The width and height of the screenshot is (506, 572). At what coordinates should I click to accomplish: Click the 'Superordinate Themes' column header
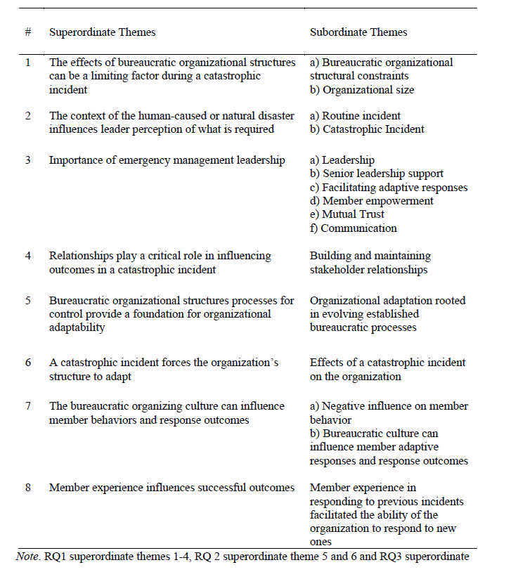tap(102, 32)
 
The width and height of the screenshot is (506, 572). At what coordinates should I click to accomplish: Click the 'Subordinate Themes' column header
tap(358, 32)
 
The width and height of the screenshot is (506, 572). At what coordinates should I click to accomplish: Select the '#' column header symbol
tap(27, 32)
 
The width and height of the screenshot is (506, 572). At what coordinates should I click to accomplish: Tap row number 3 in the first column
tap(27, 160)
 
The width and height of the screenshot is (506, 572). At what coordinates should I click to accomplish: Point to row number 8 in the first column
tap(27, 488)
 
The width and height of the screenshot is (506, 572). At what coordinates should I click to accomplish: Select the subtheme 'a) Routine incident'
tap(355, 116)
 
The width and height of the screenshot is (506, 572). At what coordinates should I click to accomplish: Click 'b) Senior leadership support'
tap(377, 174)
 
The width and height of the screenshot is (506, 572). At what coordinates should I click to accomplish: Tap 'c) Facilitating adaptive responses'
tap(389, 188)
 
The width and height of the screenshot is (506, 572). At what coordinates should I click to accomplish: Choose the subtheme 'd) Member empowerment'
tap(372, 201)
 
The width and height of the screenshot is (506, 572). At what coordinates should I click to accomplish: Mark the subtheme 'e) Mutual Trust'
tap(349, 214)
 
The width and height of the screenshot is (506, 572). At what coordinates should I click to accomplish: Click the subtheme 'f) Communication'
tap(353, 228)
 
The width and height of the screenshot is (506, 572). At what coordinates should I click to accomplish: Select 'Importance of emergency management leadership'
tap(167, 160)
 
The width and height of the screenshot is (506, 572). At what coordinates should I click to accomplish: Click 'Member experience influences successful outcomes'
tap(171, 488)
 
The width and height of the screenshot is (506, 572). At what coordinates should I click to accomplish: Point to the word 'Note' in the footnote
tap(27, 557)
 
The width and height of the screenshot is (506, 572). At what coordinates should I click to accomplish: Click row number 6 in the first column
tap(27, 363)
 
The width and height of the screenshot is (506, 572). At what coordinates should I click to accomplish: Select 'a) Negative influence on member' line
tap(389, 406)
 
